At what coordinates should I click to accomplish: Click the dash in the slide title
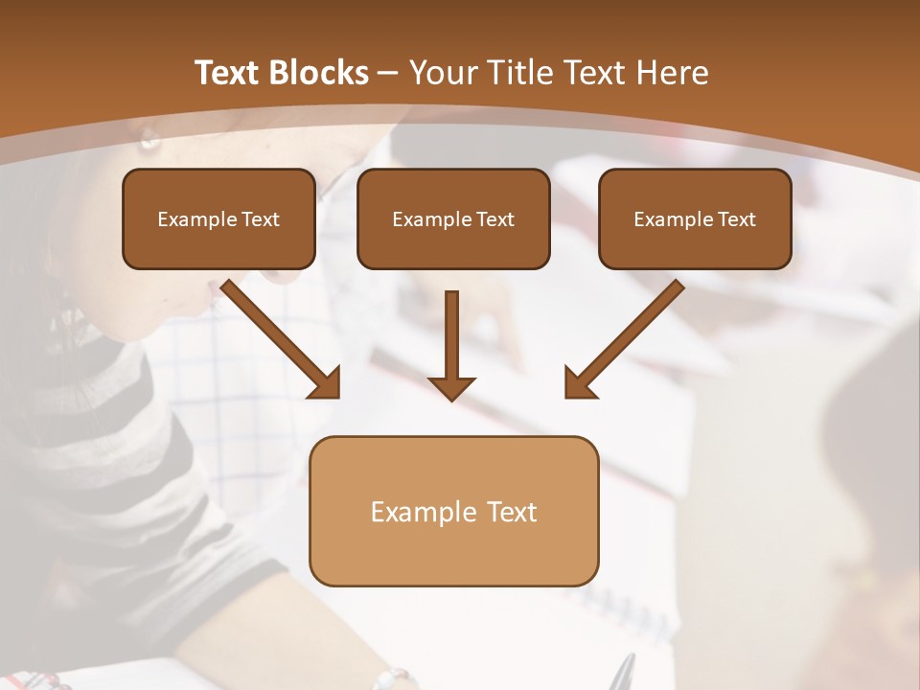388,74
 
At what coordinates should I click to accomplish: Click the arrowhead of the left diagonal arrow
327,384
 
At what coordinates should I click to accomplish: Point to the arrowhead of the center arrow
451,387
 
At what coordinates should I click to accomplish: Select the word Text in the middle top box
494,219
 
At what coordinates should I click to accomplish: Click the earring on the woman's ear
149,140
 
